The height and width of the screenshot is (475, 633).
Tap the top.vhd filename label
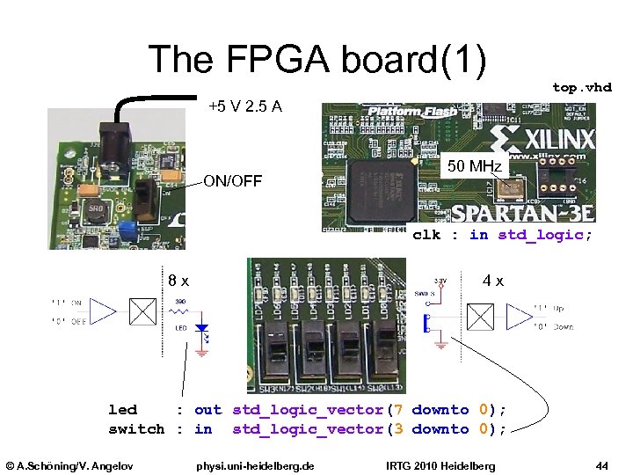[x=581, y=87]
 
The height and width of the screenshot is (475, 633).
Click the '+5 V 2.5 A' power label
[x=244, y=107]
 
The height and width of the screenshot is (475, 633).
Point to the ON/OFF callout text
[x=233, y=181]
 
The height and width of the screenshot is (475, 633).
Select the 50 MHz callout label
[x=474, y=167]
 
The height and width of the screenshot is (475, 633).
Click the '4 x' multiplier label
[x=492, y=281]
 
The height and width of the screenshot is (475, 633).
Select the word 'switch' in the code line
[x=136, y=429]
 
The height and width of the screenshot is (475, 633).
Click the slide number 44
[x=602, y=464]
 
